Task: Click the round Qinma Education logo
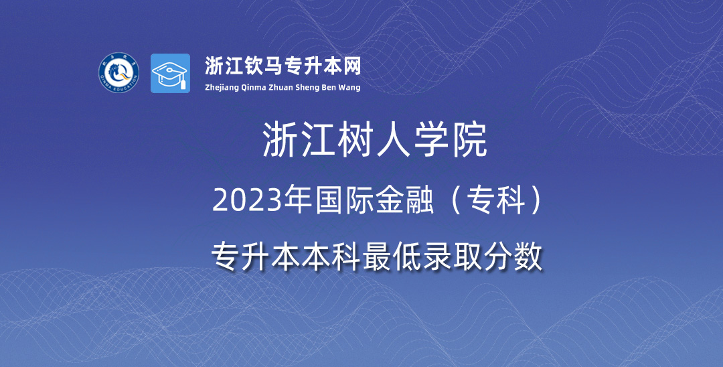point(119,72)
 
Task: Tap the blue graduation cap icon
point(170,73)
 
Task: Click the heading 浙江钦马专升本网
point(283,66)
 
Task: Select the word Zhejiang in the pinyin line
point(222,88)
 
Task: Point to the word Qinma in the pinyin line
point(254,88)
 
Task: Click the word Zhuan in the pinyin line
point(280,87)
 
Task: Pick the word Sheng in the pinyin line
point(308,88)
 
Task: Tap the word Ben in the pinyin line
point(331,87)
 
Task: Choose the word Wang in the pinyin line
point(351,88)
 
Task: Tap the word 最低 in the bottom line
point(392,256)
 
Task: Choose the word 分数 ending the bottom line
point(513,256)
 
